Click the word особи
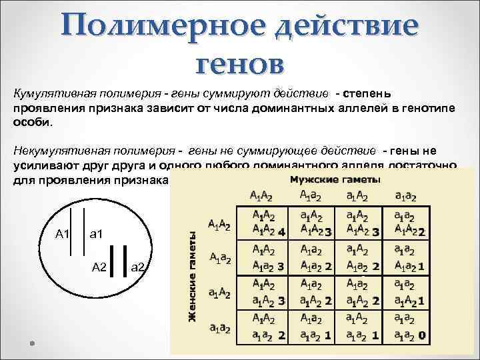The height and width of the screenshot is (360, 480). [30, 123]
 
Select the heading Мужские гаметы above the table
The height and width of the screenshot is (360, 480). [335, 180]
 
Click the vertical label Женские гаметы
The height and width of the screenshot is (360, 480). [192, 277]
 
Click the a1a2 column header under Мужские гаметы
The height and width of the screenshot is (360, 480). [405, 196]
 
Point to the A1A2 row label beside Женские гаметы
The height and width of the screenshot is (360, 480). [219, 225]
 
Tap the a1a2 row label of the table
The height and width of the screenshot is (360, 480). [220, 328]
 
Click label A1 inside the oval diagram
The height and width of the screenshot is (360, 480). [63, 233]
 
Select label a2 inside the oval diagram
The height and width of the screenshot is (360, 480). [139, 267]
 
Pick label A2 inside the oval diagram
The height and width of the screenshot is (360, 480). [99, 267]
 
